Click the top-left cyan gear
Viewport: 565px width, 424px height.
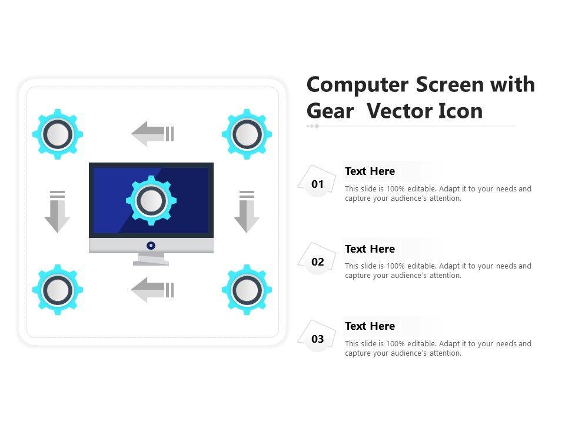[58, 134]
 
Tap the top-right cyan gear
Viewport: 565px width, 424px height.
[247, 134]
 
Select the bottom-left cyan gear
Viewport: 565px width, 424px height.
[58, 290]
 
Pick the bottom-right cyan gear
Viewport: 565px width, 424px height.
[247, 290]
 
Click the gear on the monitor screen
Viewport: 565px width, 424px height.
[151, 200]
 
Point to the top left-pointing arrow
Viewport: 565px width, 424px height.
[152, 134]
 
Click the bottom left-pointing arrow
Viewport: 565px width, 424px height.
[152, 290]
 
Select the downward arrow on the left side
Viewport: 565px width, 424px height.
[57, 211]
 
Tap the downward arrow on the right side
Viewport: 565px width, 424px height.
[247, 211]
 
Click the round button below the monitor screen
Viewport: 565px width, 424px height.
[151, 246]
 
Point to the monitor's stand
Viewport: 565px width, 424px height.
[151, 259]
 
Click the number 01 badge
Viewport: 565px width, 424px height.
[317, 184]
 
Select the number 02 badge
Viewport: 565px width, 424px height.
[317, 261]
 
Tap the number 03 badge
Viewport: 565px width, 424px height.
[317, 339]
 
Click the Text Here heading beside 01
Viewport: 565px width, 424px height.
[370, 171]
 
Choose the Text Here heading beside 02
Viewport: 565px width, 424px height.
[370, 249]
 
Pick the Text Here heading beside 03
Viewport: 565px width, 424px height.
[370, 326]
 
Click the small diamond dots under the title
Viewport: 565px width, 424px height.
[313, 126]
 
